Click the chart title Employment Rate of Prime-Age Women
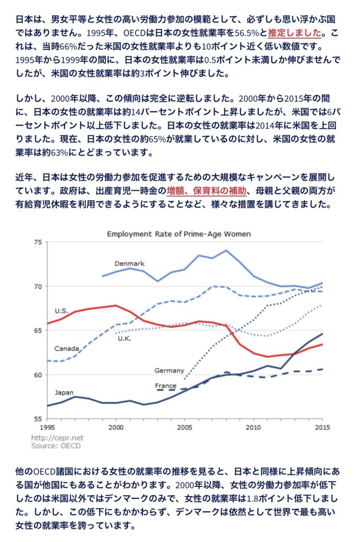coord(179,234)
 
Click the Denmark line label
coord(129,263)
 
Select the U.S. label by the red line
coord(61,310)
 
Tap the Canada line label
coord(67,349)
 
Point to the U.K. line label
coord(125,338)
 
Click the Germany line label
coord(169,370)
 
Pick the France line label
coord(165,386)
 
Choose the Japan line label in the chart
coord(65,393)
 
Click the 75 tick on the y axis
coord(37,242)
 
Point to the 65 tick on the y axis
coord(37,331)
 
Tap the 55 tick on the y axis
coord(37,419)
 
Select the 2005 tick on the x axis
coord(185,427)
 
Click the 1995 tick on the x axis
coord(47,427)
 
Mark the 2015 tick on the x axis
coord(322,427)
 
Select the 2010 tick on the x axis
coord(254,427)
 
